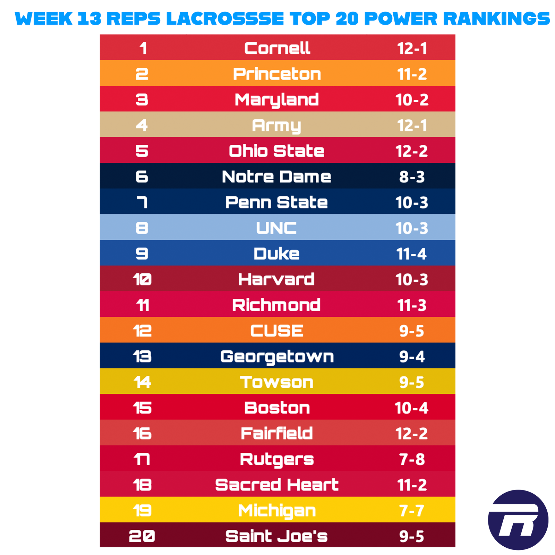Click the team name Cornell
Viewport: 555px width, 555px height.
tap(277, 48)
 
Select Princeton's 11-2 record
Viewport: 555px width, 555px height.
tap(412, 74)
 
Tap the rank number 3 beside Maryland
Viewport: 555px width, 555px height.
tap(142, 100)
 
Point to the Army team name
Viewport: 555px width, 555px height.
tap(276, 126)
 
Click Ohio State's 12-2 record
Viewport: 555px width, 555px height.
tap(412, 151)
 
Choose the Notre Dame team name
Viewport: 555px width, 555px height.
tap(276, 177)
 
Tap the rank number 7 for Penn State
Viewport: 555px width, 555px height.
tap(142, 203)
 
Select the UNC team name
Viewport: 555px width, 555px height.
tap(276, 228)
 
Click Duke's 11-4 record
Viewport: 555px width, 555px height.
tap(412, 254)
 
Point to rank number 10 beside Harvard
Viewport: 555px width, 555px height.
tap(142, 280)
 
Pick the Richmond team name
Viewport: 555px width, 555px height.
tap(276, 305)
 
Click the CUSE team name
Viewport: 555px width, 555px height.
tap(276, 331)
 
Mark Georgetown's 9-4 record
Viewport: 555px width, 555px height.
tap(412, 357)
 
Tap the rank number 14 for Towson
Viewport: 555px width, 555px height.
tap(142, 382)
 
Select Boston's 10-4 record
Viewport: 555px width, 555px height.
tap(412, 408)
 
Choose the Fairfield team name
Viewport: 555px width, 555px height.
tap(276, 434)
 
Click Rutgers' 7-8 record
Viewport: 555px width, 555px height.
tap(412, 459)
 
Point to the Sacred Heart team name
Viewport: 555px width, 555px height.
tap(276, 485)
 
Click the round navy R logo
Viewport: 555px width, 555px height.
tap(518, 520)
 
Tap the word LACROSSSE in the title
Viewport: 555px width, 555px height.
tap(225, 18)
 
